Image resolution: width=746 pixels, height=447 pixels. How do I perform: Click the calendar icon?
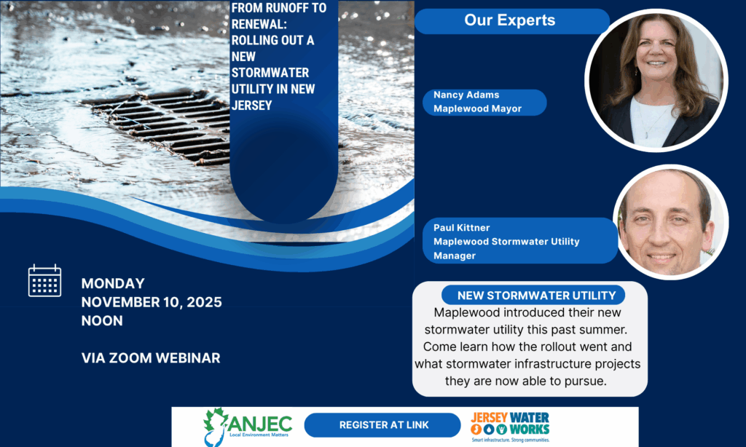coord(44,280)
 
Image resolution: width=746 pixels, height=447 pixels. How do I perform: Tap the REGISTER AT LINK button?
coord(382,424)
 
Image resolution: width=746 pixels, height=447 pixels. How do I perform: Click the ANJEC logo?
coord(248,426)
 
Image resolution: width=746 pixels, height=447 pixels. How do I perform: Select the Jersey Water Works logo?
coord(510,427)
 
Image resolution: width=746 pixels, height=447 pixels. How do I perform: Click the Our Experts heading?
coord(510,20)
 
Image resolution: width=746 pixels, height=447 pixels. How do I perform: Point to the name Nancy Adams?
coord(466,95)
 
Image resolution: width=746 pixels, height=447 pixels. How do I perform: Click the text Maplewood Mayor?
coord(478,108)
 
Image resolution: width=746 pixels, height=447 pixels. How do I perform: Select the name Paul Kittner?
coord(461,227)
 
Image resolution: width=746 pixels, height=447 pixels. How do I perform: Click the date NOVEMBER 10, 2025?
coord(152,302)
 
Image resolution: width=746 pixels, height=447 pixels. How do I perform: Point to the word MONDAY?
coord(113,283)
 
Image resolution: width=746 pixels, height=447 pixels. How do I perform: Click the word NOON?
coord(102,320)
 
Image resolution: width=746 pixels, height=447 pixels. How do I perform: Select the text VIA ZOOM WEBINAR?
coord(151,357)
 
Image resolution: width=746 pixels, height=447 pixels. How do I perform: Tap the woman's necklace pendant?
coord(646,135)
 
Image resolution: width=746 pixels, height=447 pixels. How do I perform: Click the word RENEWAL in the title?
coord(258,24)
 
